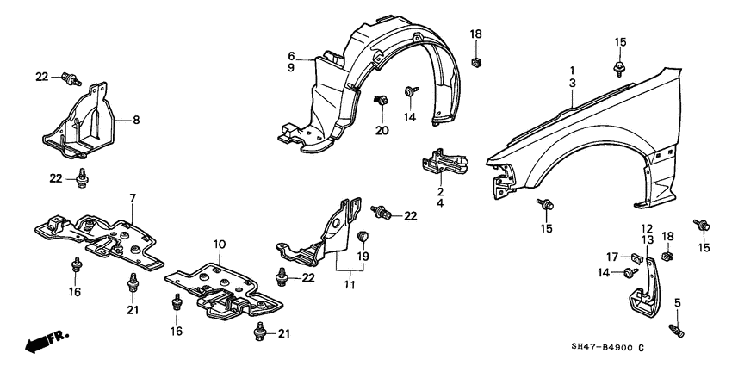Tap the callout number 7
[133, 199]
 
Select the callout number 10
[220, 245]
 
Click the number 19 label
[363, 257]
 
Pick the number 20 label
[382, 130]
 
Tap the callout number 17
[611, 256]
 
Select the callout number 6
[292, 56]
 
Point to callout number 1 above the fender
[571, 69]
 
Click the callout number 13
[648, 239]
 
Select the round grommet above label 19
[363, 236]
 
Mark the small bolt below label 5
[678, 328]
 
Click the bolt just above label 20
[379, 102]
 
